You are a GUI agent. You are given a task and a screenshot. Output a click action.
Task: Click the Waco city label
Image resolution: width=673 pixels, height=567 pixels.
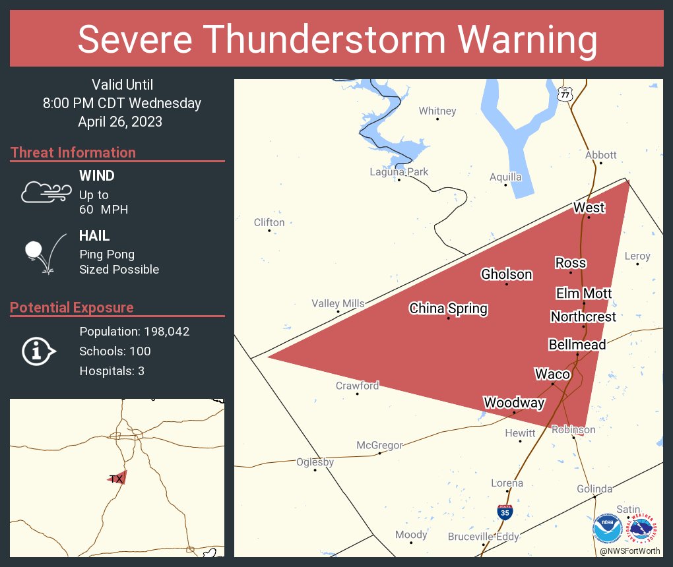pos(552,374)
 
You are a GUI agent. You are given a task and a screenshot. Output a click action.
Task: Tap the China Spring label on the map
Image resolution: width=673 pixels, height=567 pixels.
pos(448,308)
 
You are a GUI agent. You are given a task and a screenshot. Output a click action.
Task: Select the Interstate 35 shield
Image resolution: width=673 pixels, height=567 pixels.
pos(503,512)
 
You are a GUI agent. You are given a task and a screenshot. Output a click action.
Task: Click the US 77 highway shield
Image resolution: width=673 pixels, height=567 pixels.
pos(565,94)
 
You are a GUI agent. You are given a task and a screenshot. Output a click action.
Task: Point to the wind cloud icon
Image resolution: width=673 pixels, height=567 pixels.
pos(46,192)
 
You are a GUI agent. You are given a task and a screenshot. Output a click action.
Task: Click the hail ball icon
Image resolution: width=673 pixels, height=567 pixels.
pos(34,251)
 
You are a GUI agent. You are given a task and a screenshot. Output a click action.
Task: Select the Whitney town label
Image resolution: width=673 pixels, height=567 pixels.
pos(437,111)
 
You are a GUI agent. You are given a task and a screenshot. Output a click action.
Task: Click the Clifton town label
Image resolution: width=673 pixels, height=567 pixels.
pos(269,222)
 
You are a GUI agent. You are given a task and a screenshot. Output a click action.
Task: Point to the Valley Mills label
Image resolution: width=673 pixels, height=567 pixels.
pos(338,303)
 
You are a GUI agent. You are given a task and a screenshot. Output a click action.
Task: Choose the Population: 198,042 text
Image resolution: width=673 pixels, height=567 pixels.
pos(135,331)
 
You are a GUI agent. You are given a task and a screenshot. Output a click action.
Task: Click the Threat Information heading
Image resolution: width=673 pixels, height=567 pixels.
pos(73,152)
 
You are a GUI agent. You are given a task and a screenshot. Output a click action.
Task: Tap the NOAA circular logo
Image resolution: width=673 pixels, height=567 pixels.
pos(607,529)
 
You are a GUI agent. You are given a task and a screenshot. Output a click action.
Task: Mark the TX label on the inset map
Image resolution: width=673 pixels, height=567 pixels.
pos(116,479)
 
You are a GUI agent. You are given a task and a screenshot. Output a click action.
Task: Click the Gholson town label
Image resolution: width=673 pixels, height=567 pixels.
pos(506,274)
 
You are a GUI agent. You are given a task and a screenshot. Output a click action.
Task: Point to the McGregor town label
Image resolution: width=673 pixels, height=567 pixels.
pos(379,445)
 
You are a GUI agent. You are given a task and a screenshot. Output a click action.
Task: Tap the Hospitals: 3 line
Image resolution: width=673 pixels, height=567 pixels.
pos(112,371)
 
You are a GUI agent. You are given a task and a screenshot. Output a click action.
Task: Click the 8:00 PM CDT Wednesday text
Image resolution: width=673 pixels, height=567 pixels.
pos(122,103)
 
